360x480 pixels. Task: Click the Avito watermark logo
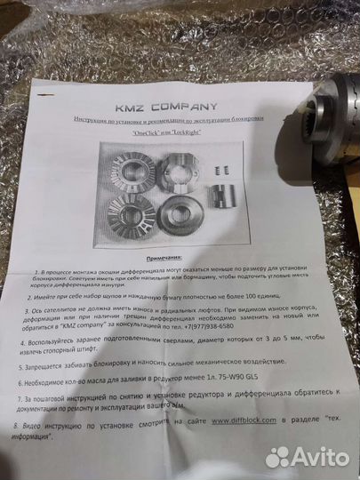coord(309,456)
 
